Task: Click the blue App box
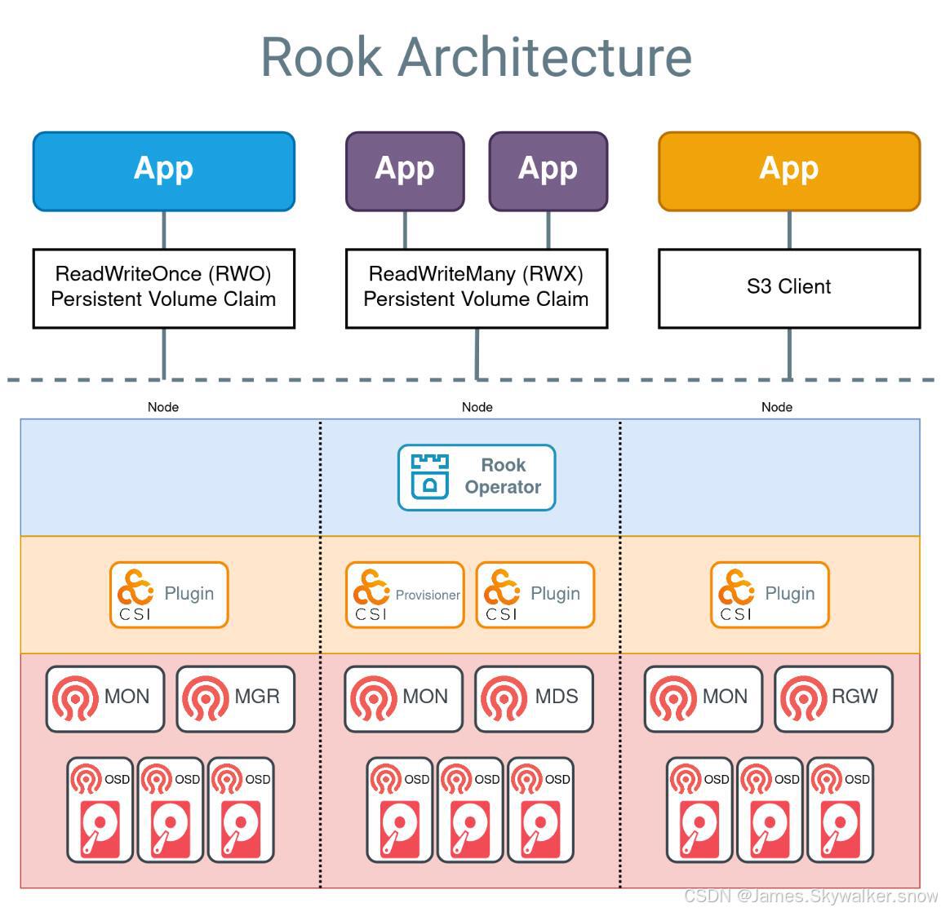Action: pos(163,171)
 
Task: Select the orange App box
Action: pos(788,171)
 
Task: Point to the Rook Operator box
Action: pos(477,477)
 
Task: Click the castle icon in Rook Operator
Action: pos(429,476)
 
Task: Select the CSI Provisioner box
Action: pos(405,595)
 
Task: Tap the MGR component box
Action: pos(235,698)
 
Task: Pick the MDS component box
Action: pos(534,698)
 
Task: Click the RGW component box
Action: pos(833,698)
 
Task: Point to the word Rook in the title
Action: pos(321,57)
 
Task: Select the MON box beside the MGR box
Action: pos(104,698)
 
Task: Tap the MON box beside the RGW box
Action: pos(703,698)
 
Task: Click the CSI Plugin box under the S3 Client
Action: pos(769,595)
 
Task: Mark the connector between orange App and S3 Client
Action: pos(789,230)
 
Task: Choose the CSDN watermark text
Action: pos(810,896)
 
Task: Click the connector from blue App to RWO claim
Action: pos(164,230)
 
